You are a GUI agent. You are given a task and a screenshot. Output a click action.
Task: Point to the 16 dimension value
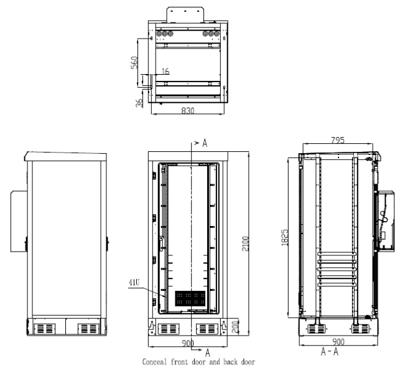pos(165,72)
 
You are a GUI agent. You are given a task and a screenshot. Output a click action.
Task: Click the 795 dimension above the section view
pos(338,141)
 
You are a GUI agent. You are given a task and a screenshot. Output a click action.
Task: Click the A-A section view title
pos(330,352)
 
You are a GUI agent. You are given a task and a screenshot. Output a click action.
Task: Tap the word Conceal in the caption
pos(157,361)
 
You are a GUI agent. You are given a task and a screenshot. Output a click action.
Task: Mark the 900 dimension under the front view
pos(187,343)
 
